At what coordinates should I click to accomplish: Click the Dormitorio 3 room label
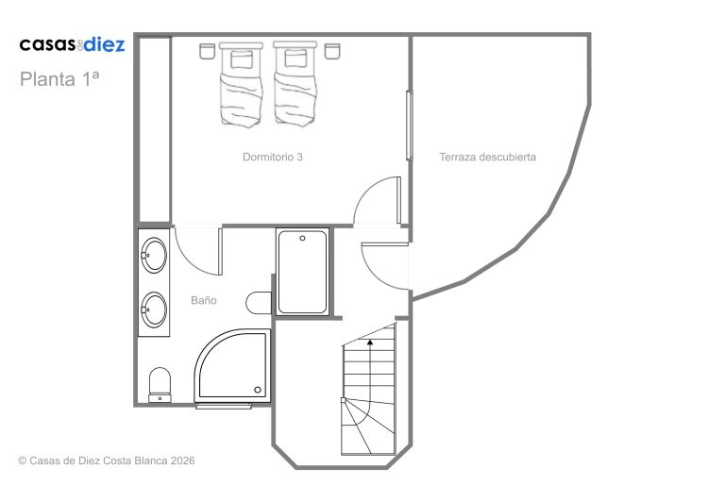click(272, 158)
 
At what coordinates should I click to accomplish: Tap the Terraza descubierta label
click(487, 158)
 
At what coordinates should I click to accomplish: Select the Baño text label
click(204, 300)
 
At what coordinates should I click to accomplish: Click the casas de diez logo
click(72, 44)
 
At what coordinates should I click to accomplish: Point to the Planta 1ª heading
click(59, 78)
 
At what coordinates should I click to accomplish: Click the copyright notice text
click(107, 460)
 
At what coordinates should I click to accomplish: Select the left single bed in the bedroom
click(241, 84)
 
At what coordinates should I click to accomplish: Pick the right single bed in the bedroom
click(295, 84)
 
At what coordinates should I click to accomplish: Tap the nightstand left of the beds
click(207, 51)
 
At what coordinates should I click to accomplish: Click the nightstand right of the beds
click(332, 51)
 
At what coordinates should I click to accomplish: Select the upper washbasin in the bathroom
click(154, 255)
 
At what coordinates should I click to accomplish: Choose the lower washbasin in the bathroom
click(154, 310)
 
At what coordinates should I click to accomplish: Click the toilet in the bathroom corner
click(160, 385)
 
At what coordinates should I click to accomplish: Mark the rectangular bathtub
click(302, 272)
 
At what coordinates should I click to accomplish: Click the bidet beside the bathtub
click(259, 303)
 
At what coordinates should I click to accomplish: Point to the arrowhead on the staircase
click(370, 343)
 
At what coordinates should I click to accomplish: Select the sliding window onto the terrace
click(409, 125)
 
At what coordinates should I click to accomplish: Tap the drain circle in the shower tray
click(258, 390)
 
